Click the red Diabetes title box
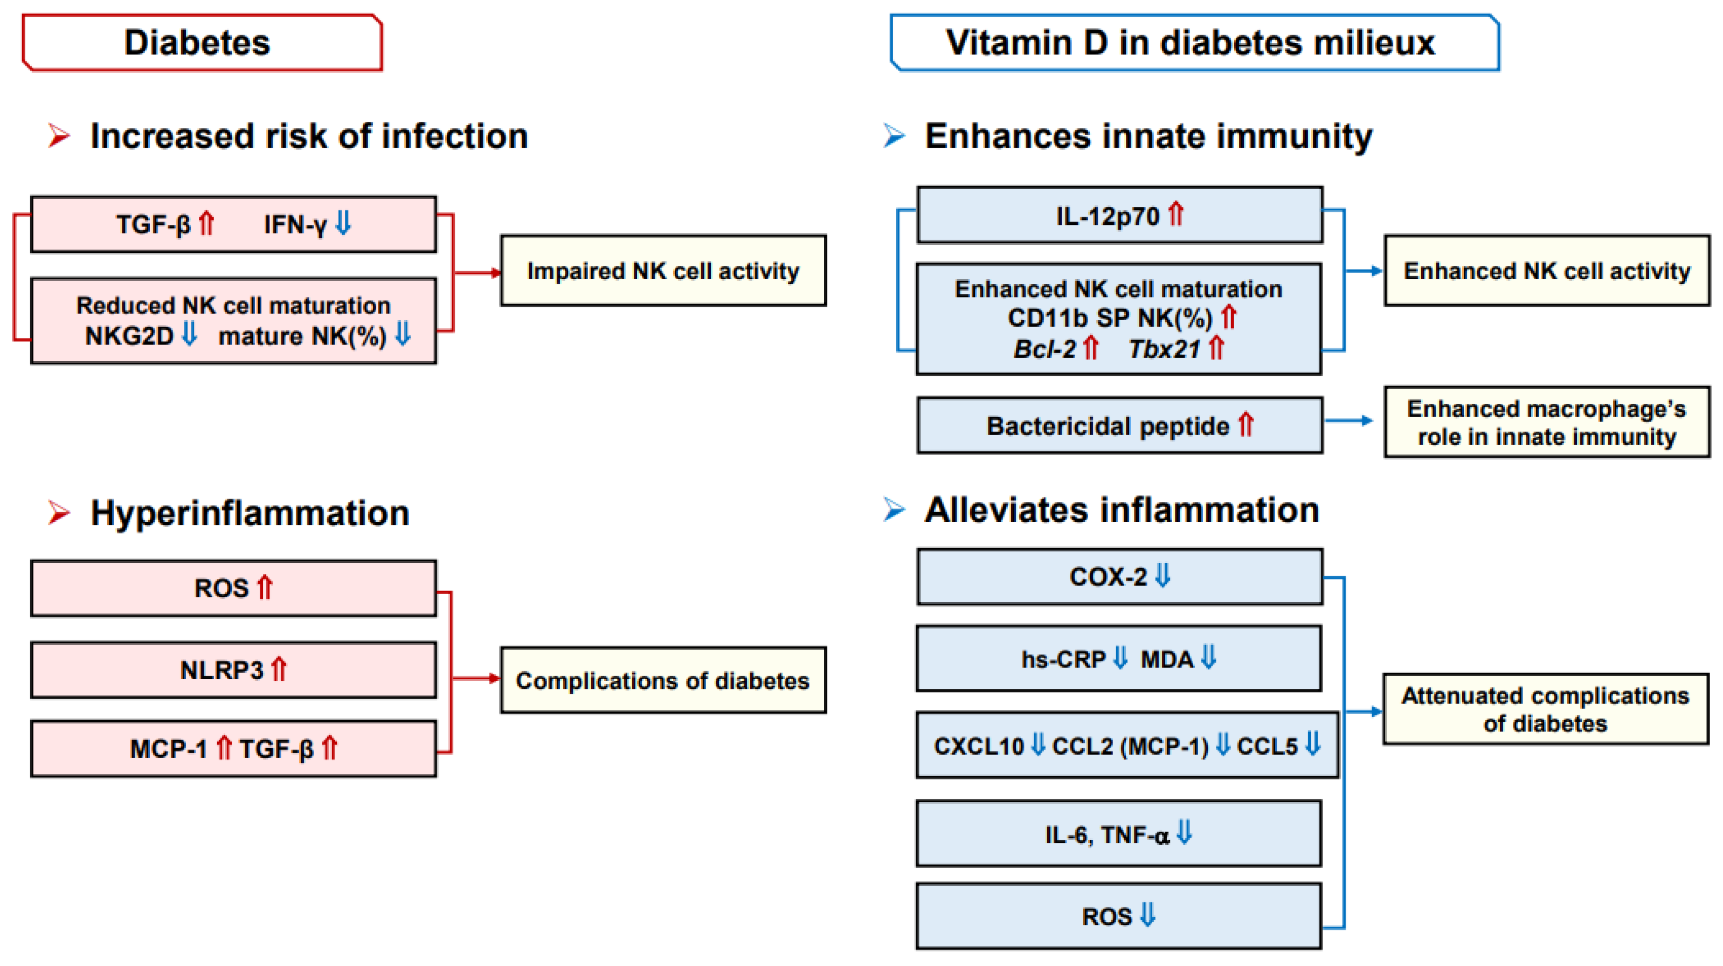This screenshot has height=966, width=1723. (x=202, y=43)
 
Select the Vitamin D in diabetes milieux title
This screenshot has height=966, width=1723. (x=1194, y=43)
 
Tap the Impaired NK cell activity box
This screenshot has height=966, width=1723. (x=663, y=271)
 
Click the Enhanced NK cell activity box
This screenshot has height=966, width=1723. (x=1546, y=271)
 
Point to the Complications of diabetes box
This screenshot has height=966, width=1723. (x=663, y=680)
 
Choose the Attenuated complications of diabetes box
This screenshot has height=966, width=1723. (x=1545, y=709)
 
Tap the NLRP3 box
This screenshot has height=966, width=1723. (x=233, y=670)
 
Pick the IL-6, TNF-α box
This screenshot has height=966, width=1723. (x=1118, y=833)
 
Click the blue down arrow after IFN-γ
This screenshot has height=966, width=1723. (x=343, y=223)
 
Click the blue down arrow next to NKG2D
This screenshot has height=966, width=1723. (x=190, y=334)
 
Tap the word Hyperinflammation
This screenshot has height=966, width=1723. (x=250, y=513)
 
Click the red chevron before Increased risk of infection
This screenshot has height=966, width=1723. (x=59, y=136)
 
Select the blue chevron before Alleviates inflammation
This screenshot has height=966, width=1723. (x=894, y=510)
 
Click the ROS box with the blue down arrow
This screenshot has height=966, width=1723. (x=1118, y=916)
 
